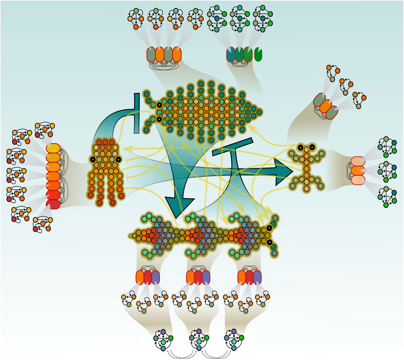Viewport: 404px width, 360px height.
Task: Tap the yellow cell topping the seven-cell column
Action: click(54, 149)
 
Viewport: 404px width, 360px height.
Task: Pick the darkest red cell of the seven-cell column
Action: click(54, 204)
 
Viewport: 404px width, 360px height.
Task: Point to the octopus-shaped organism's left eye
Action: click(93, 160)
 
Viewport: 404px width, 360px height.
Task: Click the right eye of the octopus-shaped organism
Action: click(119, 160)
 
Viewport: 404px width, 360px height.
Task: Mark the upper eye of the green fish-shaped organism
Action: click(159, 106)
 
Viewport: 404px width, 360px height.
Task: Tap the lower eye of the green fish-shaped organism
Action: click(159, 120)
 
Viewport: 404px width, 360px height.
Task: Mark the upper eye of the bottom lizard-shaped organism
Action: click(269, 228)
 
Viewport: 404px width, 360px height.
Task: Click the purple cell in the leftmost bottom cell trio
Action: click(156, 277)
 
